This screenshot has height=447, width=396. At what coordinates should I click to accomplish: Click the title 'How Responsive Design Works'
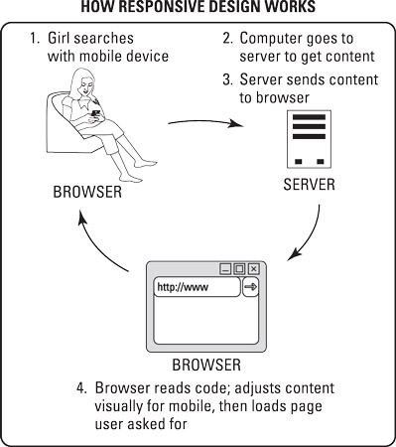(x=198, y=7)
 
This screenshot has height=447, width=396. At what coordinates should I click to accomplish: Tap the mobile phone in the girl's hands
(x=96, y=113)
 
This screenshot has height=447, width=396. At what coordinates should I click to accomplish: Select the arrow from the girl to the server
(x=205, y=122)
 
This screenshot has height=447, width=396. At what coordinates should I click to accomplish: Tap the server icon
(x=309, y=139)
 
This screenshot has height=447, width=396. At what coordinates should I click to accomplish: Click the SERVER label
(x=309, y=185)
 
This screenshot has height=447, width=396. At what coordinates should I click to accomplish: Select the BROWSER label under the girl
(x=87, y=192)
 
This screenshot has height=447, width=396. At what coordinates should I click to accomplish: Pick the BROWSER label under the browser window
(x=206, y=365)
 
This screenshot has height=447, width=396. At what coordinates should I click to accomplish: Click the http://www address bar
(x=198, y=287)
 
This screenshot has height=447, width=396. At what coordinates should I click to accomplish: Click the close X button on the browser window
(x=253, y=269)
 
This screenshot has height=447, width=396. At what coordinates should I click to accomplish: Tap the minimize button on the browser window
(x=225, y=269)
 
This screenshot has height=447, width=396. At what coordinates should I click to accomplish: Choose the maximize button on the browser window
(x=239, y=269)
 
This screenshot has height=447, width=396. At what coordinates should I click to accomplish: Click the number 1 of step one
(x=33, y=38)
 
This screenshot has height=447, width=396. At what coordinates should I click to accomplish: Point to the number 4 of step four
(x=80, y=388)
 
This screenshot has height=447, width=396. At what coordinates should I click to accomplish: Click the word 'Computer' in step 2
(x=270, y=39)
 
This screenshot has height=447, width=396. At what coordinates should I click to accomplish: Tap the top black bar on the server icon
(x=309, y=117)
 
